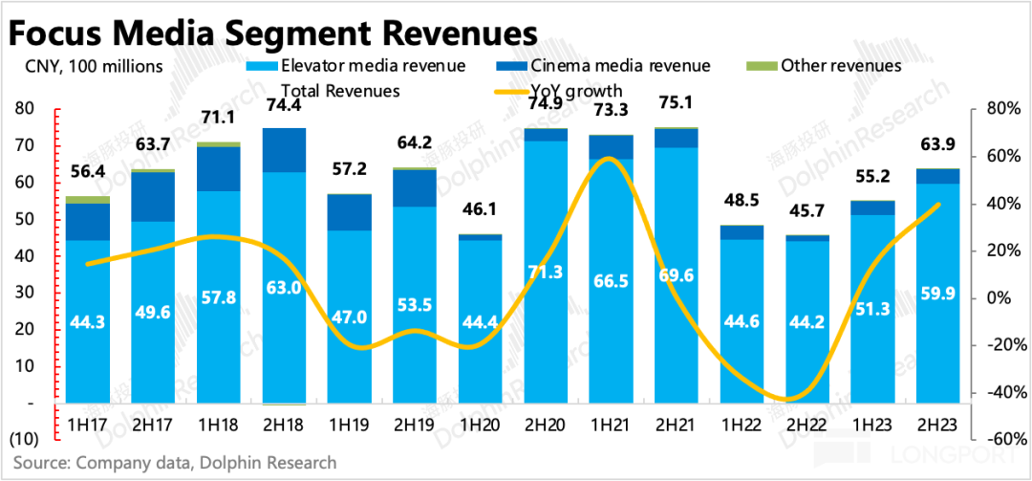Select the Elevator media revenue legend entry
point(372,66)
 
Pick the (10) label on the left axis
point(25,439)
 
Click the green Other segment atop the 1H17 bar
point(89,199)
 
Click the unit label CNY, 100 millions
point(87,66)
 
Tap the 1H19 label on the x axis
point(351,421)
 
